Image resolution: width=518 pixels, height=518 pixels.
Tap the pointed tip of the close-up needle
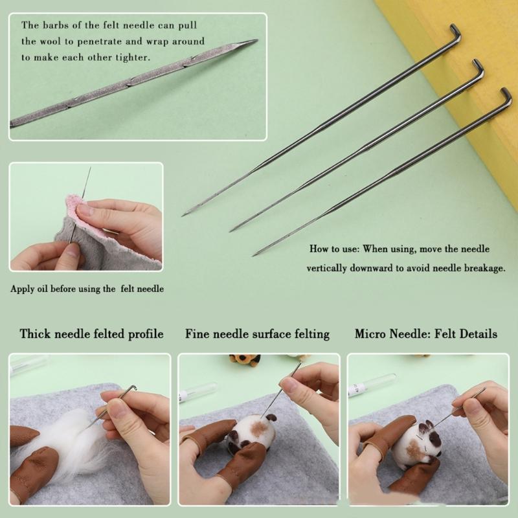coord(257,40)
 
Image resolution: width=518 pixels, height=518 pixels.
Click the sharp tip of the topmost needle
coord(183,216)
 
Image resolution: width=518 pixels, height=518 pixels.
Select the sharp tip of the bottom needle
coord(254,255)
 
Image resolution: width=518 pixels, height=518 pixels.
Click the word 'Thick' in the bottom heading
coord(35,333)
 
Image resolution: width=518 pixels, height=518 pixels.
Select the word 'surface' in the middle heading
coord(275,334)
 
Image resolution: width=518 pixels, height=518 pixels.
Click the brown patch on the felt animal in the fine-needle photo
coord(258,428)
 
